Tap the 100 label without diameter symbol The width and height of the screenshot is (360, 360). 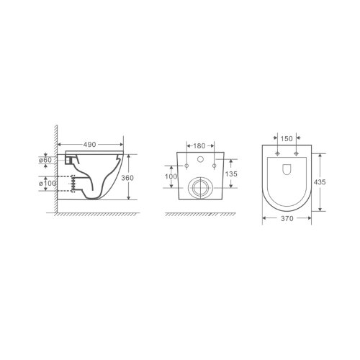170,176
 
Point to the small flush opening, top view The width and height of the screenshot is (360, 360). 286,171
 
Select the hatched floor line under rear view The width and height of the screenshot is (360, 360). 198,214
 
